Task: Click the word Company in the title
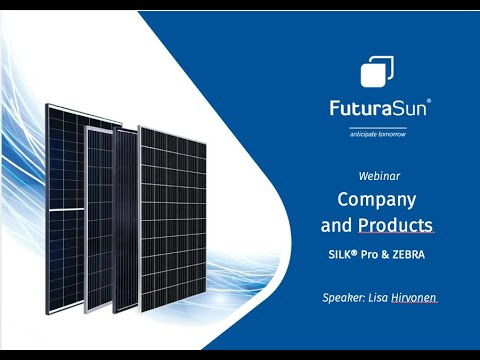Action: point(375,199)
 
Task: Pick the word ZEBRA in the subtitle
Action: point(408,255)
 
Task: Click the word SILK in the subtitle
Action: point(343,255)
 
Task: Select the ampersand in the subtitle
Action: point(387,255)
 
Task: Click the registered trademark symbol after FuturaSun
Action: point(430,101)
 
